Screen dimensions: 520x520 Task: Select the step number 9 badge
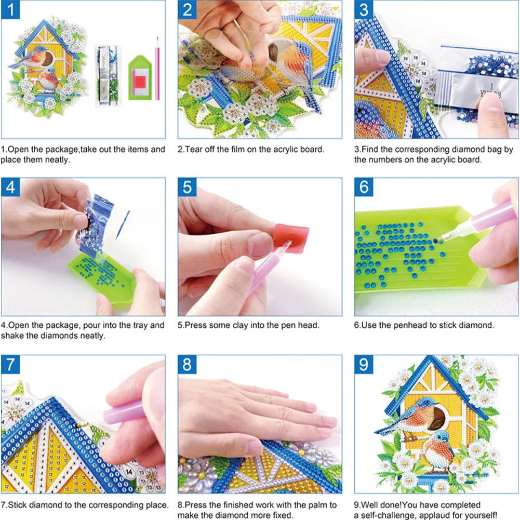pyautogui.click(x=364, y=364)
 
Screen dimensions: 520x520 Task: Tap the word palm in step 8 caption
pyautogui.click(x=314, y=504)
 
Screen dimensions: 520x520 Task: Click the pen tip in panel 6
pyautogui.click(x=438, y=239)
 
